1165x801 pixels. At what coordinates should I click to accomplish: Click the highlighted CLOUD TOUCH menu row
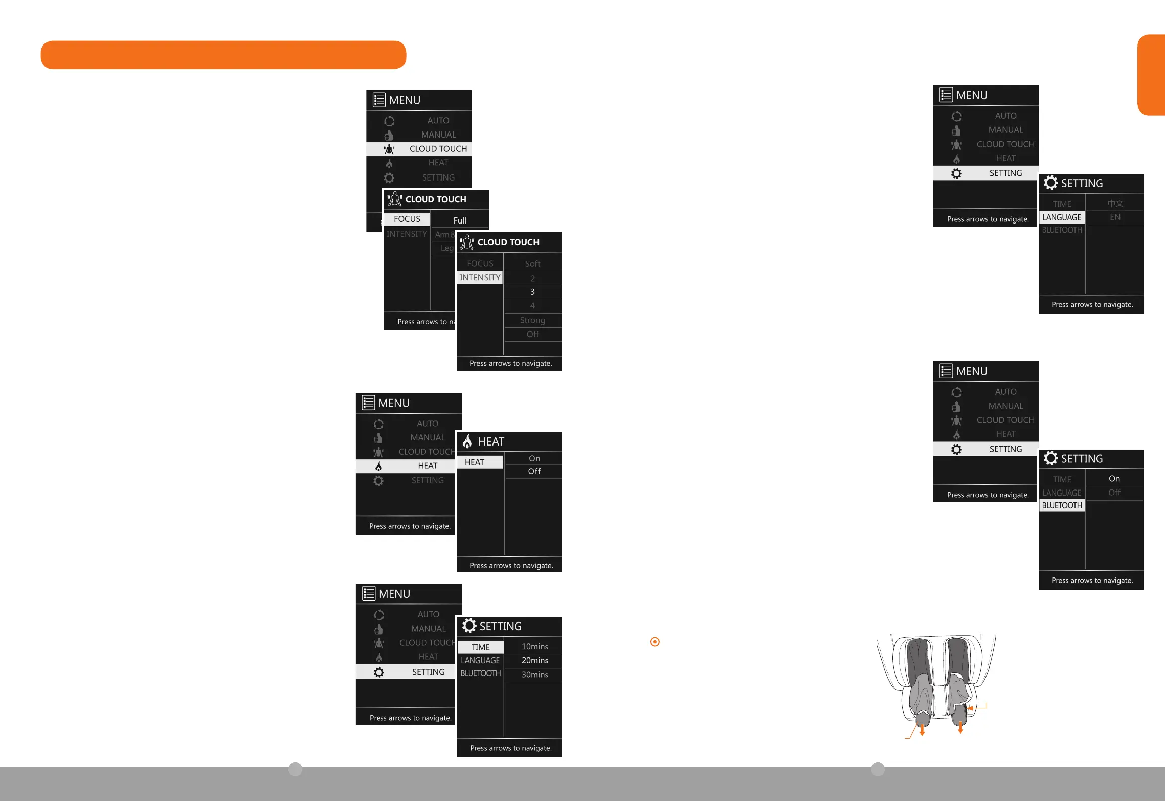pyautogui.click(x=419, y=149)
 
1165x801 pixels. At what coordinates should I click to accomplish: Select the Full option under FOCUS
pyautogui.click(x=460, y=220)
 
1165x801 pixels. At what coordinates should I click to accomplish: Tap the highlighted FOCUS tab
pyautogui.click(x=407, y=219)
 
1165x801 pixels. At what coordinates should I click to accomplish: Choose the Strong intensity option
pyautogui.click(x=532, y=320)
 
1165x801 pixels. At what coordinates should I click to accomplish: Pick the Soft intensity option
pyautogui.click(x=532, y=264)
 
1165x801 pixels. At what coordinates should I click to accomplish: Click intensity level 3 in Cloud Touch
pyautogui.click(x=532, y=292)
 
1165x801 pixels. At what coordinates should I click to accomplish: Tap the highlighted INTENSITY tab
pyautogui.click(x=480, y=277)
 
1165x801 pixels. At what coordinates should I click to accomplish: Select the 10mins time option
pyautogui.click(x=534, y=647)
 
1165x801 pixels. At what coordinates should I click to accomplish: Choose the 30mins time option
pyautogui.click(x=534, y=675)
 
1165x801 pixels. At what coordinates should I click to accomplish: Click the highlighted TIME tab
pyautogui.click(x=480, y=647)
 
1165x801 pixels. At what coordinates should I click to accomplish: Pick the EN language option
pyautogui.click(x=1115, y=217)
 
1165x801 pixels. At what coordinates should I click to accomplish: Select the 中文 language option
pyautogui.click(x=1115, y=203)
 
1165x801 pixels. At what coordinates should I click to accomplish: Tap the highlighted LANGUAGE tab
pyautogui.click(x=1061, y=217)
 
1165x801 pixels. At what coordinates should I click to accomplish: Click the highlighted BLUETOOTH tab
pyautogui.click(x=1062, y=505)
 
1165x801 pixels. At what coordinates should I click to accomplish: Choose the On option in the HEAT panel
pyautogui.click(x=534, y=458)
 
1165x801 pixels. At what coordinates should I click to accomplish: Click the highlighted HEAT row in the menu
pyautogui.click(x=406, y=466)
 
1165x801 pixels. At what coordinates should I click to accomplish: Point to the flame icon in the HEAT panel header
pyautogui.click(x=467, y=441)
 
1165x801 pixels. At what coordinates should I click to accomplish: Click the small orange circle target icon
pyautogui.click(x=655, y=642)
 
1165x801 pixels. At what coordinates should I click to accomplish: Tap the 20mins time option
pyautogui.click(x=534, y=660)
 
